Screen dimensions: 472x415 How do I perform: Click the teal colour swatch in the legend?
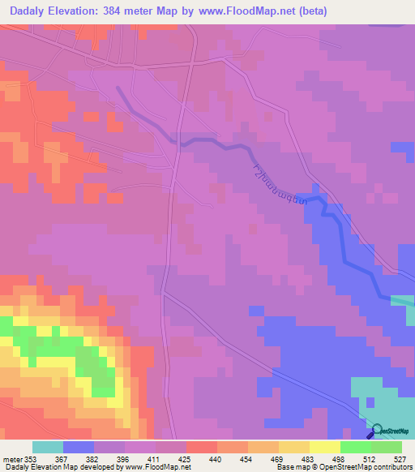point(48,447)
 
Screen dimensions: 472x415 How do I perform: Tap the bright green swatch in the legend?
point(355,447)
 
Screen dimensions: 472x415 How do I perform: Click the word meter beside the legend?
point(11,458)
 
